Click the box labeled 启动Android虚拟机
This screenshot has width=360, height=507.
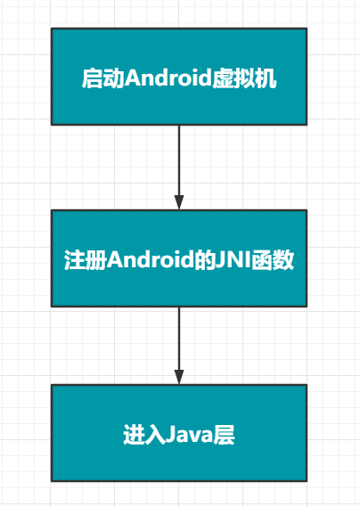179,77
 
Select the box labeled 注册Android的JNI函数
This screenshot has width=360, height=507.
179,258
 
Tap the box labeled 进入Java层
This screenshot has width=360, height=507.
179,433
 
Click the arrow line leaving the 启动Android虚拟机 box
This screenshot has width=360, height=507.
179,168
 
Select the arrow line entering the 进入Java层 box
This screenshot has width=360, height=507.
179,346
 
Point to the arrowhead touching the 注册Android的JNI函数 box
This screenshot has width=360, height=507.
179,202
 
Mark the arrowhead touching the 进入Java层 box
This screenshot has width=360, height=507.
179,377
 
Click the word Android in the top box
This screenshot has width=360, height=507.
168,78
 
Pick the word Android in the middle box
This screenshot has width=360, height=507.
151,259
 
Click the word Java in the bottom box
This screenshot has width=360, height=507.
189,435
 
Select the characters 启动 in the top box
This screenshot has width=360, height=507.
103,78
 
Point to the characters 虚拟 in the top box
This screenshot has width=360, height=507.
233,78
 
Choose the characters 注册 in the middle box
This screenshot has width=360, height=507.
86,259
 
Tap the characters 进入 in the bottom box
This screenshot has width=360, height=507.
144,435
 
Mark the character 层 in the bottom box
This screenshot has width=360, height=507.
224,435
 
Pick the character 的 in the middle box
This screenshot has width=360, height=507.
204,259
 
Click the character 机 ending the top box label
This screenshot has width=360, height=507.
266,78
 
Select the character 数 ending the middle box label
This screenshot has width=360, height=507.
283,259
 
